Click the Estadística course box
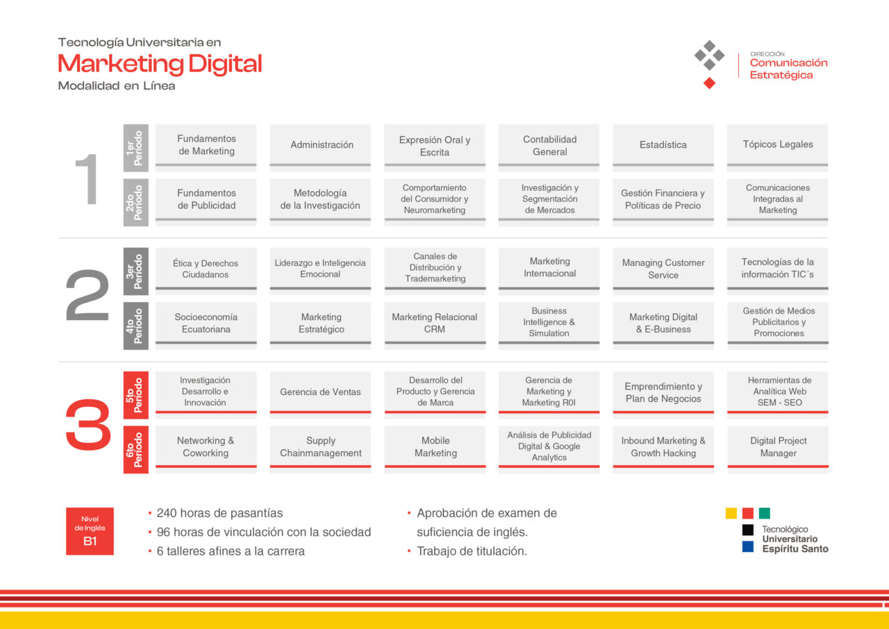[x=663, y=148]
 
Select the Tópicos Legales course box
[x=777, y=148]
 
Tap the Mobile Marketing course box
[x=435, y=449]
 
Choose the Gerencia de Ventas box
[x=320, y=394]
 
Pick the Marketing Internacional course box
[x=549, y=271]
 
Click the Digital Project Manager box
[x=778, y=449]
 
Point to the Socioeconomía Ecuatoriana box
[x=206, y=326]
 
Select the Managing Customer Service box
[x=663, y=271]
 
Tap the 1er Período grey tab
[x=135, y=148]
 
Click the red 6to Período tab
[x=135, y=449]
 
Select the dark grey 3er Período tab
[x=135, y=271]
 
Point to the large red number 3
[x=88, y=424]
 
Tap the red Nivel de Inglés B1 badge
[x=90, y=531]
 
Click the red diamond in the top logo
[x=709, y=83]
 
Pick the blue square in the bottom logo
[x=748, y=546]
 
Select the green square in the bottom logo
[x=765, y=513]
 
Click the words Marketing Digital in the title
[x=160, y=65]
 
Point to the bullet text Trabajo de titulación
[x=472, y=551]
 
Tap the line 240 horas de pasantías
[x=219, y=513]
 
